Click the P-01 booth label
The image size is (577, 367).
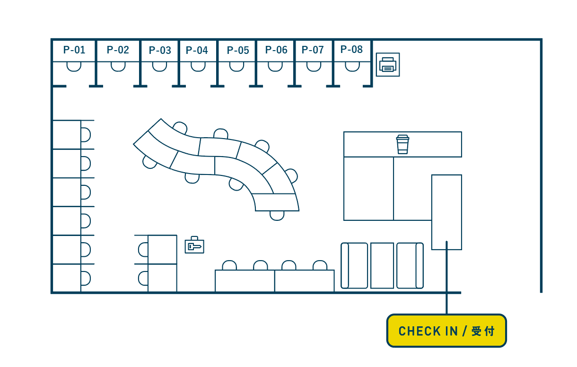pyautogui.click(x=74, y=50)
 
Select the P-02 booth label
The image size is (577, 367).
pyautogui.click(x=118, y=50)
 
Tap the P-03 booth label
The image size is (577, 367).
pyautogui.click(x=160, y=51)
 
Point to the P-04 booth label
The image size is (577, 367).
pyautogui.click(x=197, y=51)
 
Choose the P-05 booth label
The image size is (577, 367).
pyautogui.click(x=238, y=51)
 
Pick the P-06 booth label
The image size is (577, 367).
pyautogui.click(x=276, y=50)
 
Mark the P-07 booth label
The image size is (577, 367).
pyautogui.click(x=313, y=50)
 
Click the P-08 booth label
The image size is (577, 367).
pyautogui.click(x=351, y=50)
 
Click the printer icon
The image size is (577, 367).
pyautogui.click(x=388, y=65)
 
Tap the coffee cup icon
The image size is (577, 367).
pyautogui.click(x=402, y=144)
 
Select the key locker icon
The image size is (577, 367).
pyautogui.click(x=194, y=245)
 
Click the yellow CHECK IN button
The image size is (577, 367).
pyautogui.click(x=446, y=331)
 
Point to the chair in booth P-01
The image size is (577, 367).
pyautogui.click(x=74, y=67)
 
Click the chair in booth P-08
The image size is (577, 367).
pyautogui.click(x=352, y=67)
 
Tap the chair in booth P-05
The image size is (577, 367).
pyautogui.click(x=236, y=67)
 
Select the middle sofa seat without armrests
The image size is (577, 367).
pyautogui.click(x=382, y=265)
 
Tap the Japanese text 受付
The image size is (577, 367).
pyautogui.click(x=483, y=331)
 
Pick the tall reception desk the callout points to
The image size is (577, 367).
pyautogui.click(x=446, y=212)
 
